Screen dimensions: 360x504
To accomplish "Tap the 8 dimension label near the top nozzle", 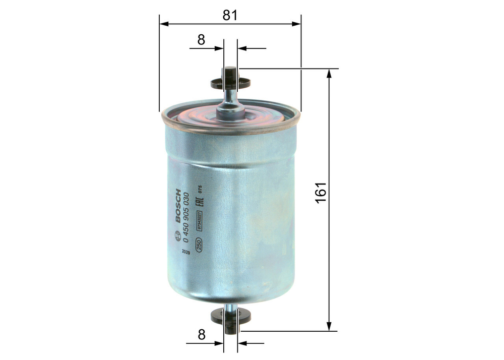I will tap(201, 40).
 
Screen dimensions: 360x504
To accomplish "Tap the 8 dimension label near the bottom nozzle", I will tap(201, 335).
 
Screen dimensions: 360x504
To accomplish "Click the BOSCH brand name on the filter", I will tap(177, 207).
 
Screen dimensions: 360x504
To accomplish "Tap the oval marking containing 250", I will tap(199, 245).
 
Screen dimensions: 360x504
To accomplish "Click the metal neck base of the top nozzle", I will tap(230, 108).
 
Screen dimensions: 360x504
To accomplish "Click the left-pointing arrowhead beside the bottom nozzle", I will tap(241, 344).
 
